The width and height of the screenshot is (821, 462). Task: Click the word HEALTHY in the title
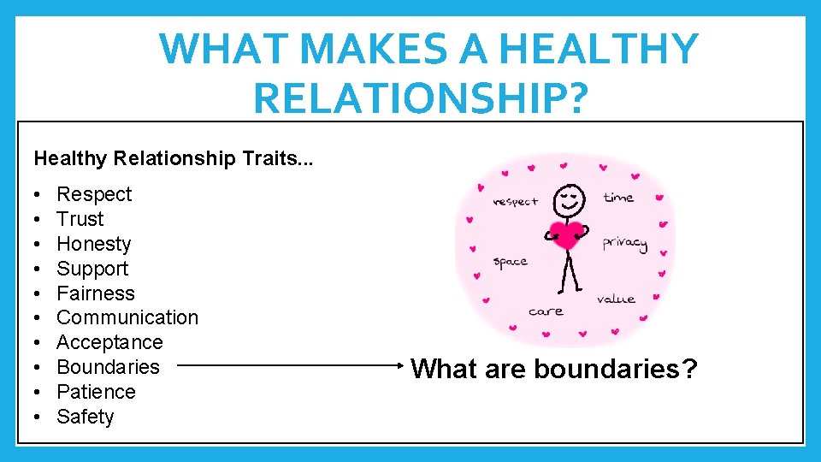[599, 49]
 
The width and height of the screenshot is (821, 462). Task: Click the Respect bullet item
[94, 194]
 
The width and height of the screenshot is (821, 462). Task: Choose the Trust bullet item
[80, 219]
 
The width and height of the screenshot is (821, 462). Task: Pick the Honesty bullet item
[93, 244]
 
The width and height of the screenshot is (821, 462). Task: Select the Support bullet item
[92, 269]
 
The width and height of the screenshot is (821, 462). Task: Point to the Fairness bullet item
[95, 293]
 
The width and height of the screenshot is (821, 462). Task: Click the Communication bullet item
[127, 317]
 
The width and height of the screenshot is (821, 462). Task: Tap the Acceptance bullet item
[109, 342]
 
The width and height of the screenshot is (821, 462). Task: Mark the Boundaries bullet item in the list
[108, 367]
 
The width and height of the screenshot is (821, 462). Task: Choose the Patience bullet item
[96, 392]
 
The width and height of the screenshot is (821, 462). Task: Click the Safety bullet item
[85, 417]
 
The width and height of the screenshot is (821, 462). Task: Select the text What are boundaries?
[554, 370]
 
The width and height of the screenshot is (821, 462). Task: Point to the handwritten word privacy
[624, 243]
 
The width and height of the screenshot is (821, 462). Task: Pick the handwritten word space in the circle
[511, 262]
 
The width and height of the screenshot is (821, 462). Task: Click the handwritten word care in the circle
[546, 311]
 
